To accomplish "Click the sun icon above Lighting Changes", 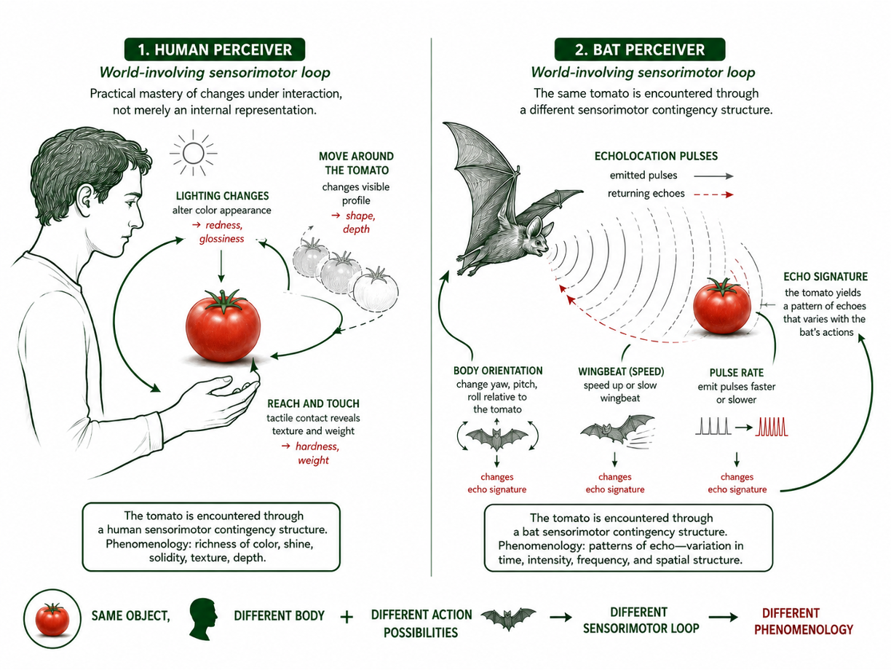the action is tap(193, 153).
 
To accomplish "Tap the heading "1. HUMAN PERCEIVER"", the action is tap(215, 50).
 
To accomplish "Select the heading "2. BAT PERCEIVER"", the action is tap(640, 50).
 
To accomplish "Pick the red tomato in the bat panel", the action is tap(721, 306).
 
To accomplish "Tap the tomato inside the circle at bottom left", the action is tap(52, 619).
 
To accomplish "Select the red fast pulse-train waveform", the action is tap(772, 427).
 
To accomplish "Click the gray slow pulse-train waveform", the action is tap(713, 427).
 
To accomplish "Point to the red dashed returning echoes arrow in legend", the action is tap(713, 195).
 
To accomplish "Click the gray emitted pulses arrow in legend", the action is tap(713, 176).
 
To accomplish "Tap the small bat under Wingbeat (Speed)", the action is tap(617, 430).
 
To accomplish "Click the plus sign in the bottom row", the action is tap(346, 618).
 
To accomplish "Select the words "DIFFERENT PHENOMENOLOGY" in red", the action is tap(804, 621).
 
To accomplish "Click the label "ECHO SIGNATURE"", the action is tap(825, 277).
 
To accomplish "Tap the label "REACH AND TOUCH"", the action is tap(313, 403).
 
